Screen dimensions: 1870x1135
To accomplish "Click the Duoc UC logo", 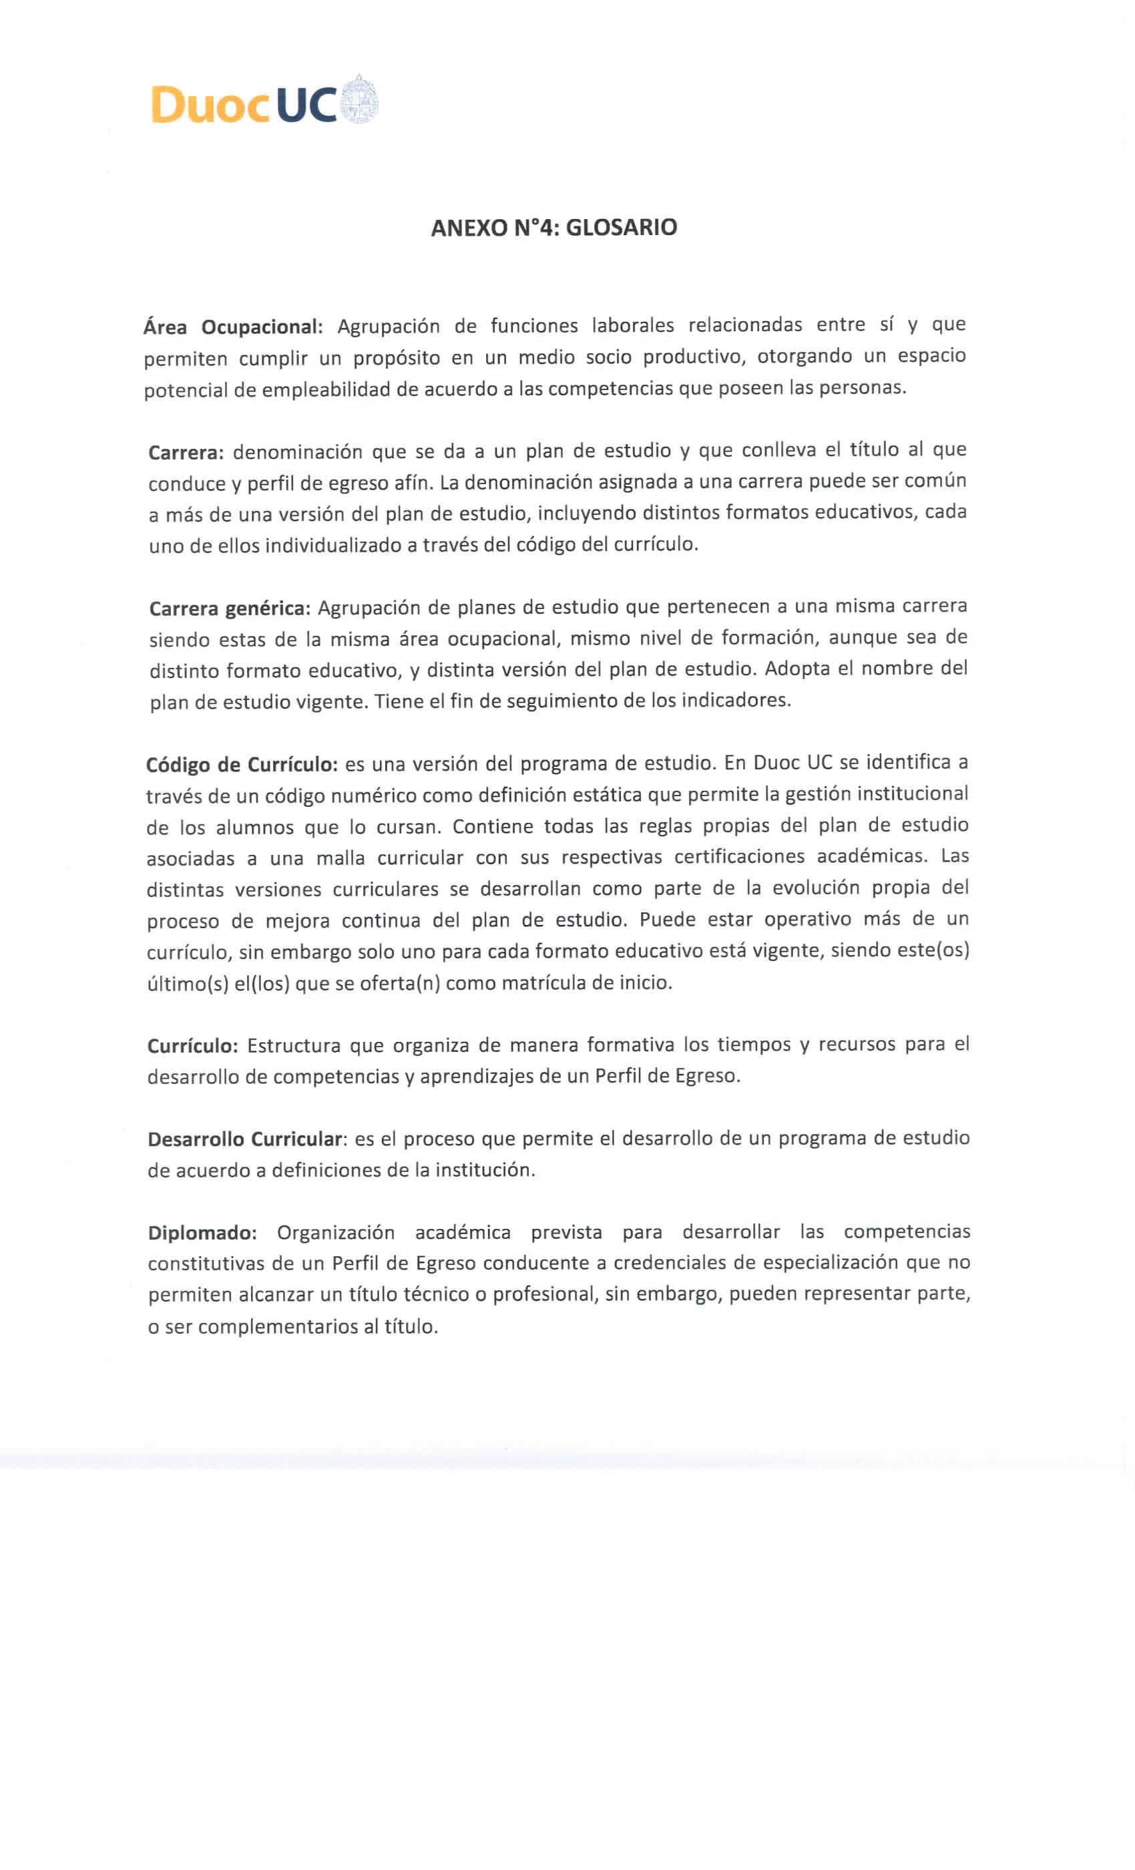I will [x=264, y=102].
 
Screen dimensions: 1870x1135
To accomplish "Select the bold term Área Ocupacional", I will [x=233, y=327].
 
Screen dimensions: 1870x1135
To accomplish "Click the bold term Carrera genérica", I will [x=230, y=608].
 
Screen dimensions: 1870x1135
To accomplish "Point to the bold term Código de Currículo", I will [x=241, y=764].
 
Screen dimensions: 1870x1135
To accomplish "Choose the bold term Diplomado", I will [x=202, y=1232].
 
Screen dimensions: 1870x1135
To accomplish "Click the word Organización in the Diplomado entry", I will [x=335, y=1232].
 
